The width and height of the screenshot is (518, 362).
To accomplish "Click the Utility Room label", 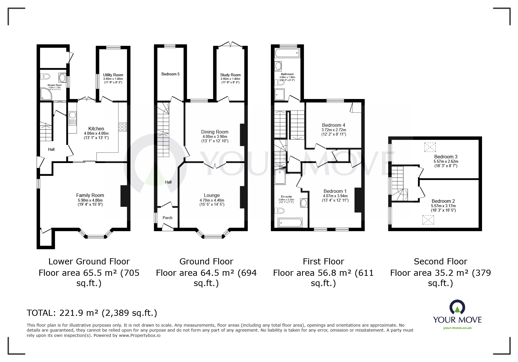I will [113, 75].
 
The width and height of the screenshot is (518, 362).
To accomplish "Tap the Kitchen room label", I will [96, 129].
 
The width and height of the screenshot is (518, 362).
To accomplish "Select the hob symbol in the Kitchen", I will [122, 127].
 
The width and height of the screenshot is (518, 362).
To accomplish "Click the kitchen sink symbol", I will [72, 118].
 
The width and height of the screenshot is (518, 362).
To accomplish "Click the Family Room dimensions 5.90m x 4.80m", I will [90, 200].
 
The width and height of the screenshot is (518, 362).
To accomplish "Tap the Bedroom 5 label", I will [171, 74].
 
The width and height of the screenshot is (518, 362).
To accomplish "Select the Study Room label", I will [230, 75].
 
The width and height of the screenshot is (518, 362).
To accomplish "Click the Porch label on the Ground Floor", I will [168, 218].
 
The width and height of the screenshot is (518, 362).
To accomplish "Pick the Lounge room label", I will [212, 195].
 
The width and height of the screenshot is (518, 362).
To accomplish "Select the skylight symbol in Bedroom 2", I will [428, 219].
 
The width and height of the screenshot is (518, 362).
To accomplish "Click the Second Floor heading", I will [440, 261].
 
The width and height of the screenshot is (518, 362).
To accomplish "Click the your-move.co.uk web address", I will [457, 328].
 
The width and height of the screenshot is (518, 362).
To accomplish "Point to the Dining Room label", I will [215, 132].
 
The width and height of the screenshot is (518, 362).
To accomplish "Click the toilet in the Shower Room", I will [46, 77].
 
